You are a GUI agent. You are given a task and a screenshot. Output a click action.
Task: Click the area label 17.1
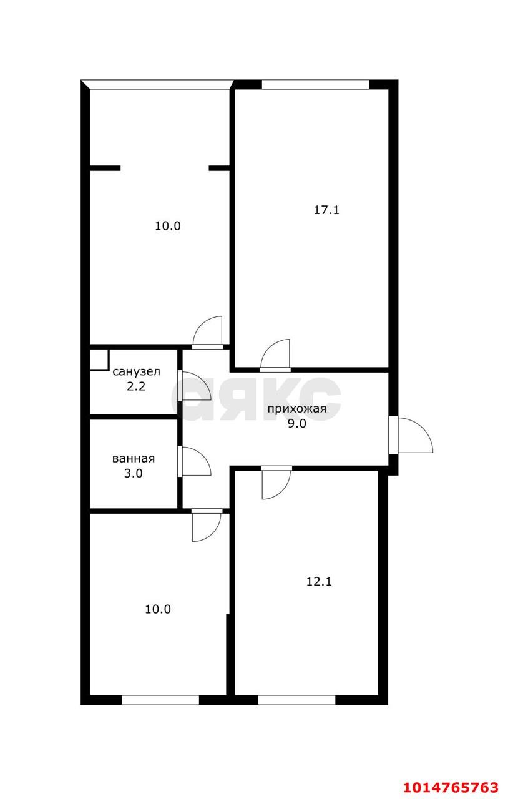[326, 210]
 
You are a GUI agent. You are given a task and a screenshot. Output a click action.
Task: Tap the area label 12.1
[318, 582]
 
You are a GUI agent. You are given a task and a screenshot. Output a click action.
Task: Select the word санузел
[136, 372]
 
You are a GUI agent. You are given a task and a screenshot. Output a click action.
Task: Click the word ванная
[134, 458]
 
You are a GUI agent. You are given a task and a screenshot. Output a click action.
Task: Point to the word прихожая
[296, 409]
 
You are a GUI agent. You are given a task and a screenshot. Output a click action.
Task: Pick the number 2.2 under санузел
[136, 386]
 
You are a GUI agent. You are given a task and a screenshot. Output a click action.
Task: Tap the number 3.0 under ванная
[134, 473]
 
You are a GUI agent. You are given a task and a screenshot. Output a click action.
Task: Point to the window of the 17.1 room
[315, 84]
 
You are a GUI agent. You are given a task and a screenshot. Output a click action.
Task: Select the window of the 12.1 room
[296, 700]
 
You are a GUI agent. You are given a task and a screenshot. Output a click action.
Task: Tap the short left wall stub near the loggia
[105, 167]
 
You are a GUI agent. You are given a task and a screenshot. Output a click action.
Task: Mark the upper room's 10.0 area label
[167, 227]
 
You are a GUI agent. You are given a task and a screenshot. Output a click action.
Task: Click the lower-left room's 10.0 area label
[157, 609]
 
